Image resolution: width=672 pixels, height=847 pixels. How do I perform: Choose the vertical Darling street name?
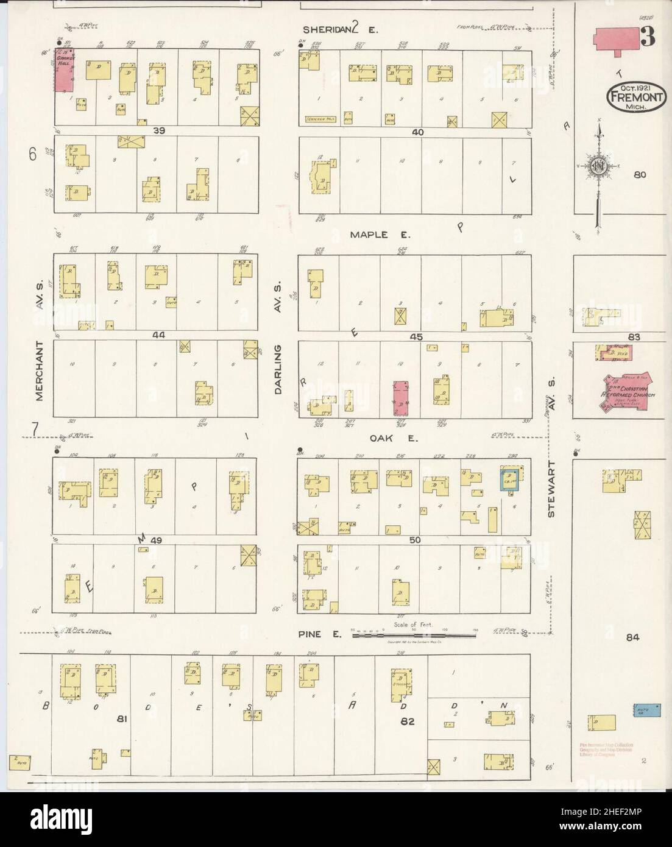tap(278, 369)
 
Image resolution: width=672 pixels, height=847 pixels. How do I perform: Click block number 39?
tap(159, 131)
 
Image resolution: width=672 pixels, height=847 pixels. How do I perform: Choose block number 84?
tap(632, 637)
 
